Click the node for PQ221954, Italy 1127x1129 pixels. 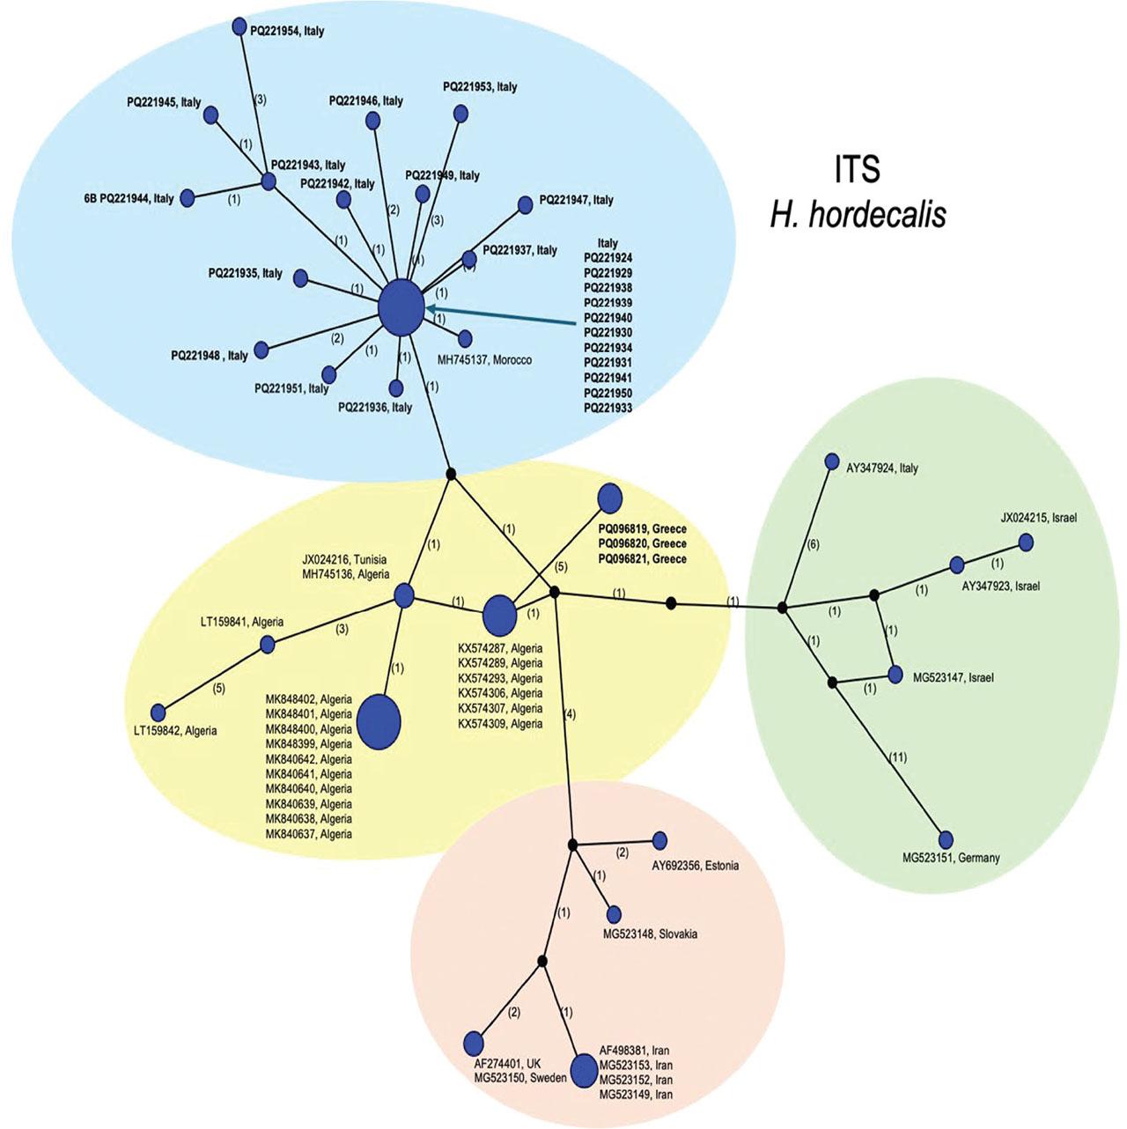239,26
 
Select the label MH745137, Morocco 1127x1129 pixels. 484,359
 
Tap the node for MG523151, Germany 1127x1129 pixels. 946,839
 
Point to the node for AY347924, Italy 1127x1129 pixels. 831,461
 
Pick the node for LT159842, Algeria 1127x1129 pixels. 158,712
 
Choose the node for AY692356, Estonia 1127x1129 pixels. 659,840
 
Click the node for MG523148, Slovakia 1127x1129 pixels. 614,915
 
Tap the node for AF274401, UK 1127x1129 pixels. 474,1042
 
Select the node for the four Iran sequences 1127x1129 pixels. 583,1071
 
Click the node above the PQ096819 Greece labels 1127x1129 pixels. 610,498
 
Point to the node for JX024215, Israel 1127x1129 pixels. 1026,542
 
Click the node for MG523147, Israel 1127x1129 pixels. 895,675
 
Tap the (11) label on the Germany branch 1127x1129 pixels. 897,757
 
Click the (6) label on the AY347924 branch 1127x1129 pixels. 813,545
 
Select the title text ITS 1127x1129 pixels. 857,169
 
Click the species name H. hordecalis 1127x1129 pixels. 858,214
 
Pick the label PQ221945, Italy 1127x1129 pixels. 164,102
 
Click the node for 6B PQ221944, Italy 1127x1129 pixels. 187,197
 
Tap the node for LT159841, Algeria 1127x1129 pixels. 268,644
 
